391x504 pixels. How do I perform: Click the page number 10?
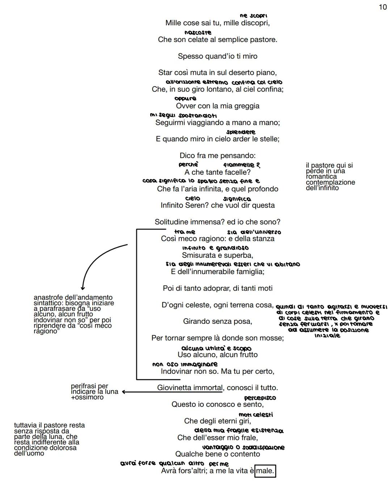383,7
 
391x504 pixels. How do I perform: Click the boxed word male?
265,471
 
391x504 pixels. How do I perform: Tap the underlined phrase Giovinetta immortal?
190,388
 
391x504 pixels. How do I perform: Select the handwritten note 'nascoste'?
198,33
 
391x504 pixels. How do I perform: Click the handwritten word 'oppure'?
185,98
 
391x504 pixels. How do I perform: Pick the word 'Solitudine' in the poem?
172,222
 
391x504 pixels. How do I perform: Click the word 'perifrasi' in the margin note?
84,386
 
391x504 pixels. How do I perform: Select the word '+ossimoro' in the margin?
87,397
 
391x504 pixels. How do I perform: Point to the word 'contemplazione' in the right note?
330,182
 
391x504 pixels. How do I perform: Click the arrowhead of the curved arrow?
83,288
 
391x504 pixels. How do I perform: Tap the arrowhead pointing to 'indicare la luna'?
124,392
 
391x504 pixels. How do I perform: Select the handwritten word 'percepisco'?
260,398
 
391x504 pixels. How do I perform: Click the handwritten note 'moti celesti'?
256,415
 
